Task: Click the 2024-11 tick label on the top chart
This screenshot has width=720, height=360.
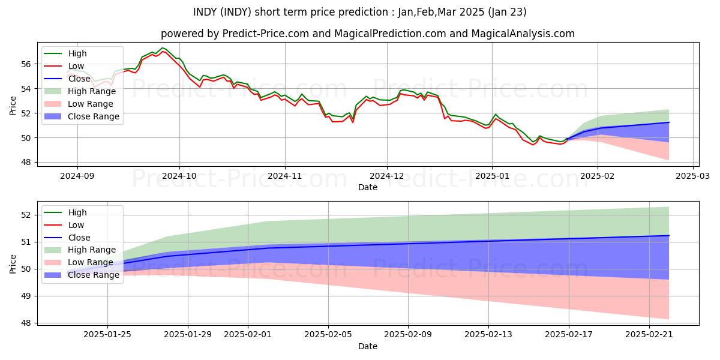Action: click(x=284, y=176)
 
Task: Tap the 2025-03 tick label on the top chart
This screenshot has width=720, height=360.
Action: click(x=694, y=176)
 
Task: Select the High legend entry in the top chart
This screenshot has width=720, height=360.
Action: click(x=77, y=53)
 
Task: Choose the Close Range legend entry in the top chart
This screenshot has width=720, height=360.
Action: click(x=94, y=116)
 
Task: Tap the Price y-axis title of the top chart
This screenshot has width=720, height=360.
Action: click(x=13, y=106)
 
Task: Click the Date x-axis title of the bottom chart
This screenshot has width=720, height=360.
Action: click(x=368, y=347)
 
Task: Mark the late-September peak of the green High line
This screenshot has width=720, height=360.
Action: click(x=163, y=47)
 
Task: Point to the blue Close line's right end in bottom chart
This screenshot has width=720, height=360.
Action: click(x=668, y=235)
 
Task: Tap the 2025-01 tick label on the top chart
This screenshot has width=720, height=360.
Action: click(x=492, y=176)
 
